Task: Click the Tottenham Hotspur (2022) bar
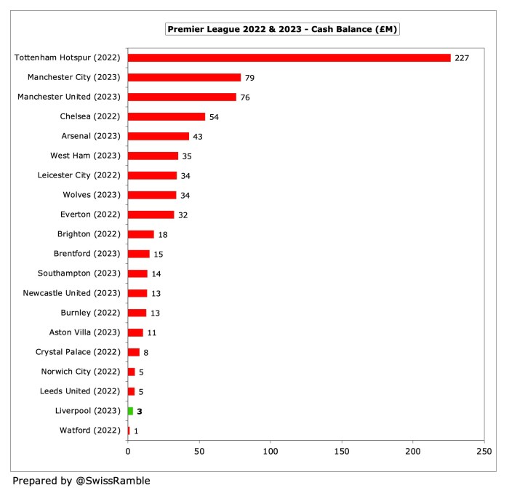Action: (289, 57)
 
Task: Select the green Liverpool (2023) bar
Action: (131, 411)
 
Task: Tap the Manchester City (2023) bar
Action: (184, 77)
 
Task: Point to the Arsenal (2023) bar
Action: (159, 136)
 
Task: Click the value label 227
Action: (462, 57)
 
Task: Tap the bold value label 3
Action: (140, 411)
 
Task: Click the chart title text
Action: (284, 29)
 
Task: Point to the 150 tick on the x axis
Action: (342, 452)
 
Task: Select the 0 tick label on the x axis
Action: (128, 452)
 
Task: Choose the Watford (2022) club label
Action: (90, 431)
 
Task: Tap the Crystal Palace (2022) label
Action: (79, 352)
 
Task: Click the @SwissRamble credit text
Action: (81, 480)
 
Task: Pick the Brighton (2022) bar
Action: (141, 234)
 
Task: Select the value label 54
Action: (214, 116)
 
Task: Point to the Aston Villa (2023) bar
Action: (136, 332)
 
